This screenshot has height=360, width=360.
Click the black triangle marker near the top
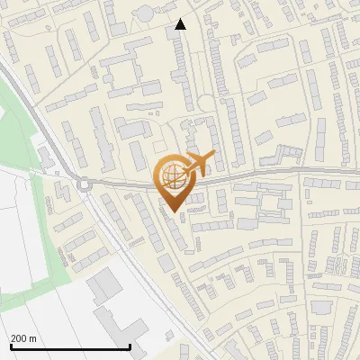click(180, 24)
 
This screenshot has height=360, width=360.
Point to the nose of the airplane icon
click(212, 156)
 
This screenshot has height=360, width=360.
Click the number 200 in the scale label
click(19, 338)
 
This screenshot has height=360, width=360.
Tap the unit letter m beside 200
click(33, 338)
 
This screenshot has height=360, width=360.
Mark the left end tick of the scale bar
click(9, 346)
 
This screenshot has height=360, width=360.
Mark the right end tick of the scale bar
click(130, 346)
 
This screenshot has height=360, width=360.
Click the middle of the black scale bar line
click(70, 347)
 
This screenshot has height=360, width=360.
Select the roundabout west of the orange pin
click(85, 185)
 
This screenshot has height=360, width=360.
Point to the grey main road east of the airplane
click(288, 170)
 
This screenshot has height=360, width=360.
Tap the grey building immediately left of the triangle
click(171, 33)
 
